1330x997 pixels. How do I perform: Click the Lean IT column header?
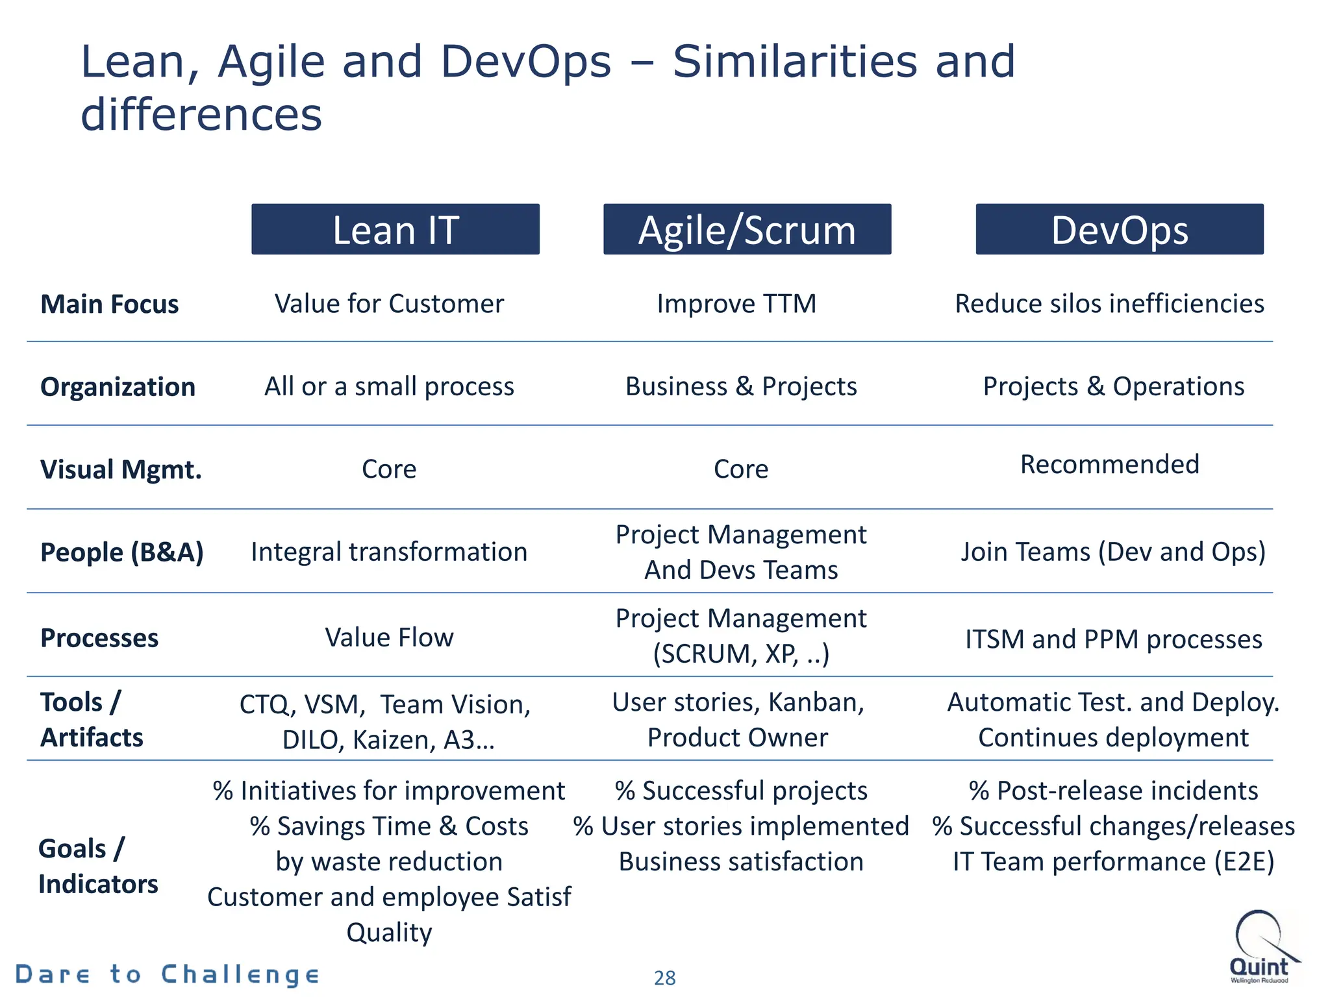coord(395,230)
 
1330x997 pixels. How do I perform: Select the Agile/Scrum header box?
coord(747,230)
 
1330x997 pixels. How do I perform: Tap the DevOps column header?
coord(1119,230)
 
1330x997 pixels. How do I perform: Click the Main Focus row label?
coord(109,304)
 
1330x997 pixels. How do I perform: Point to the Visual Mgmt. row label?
coord(121,469)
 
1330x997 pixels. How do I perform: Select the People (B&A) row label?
coord(122,552)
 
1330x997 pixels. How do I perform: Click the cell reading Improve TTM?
coord(736,304)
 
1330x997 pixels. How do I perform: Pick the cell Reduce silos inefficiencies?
coord(1109,304)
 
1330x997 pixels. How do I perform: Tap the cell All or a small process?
coord(389,387)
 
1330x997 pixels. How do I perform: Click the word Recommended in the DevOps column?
coord(1109,465)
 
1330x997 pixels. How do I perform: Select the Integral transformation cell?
coord(389,552)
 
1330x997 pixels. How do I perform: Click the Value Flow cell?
coord(389,637)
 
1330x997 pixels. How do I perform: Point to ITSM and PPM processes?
coord(1113,639)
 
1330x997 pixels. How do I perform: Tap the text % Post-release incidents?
coord(1113,791)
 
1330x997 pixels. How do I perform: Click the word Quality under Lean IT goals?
coord(389,933)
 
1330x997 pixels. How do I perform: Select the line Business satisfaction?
coord(741,862)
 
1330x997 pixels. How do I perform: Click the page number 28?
coord(664,978)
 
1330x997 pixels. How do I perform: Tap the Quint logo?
coord(1261,948)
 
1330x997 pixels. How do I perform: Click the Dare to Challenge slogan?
coord(167,974)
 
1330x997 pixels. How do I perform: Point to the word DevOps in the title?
coord(525,62)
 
